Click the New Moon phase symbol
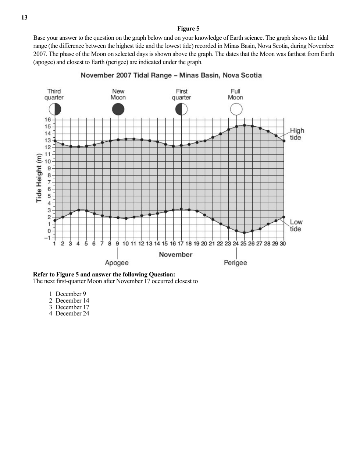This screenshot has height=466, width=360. (x=118, y=109)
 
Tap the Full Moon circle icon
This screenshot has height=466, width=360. (x=236, y=109)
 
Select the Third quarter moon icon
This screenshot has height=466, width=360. (x=55, y=109)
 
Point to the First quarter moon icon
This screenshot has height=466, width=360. (x=181, y=109)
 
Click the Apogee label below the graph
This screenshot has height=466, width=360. (x=117, y=263)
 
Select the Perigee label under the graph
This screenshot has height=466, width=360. (x=235, y=263)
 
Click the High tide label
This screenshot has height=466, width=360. (x=297, y=134)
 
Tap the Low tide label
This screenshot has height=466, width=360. (x=296, y=225)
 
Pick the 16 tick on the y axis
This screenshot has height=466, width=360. (x=47, y=120)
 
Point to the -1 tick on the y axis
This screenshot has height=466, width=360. (x=47, y=238)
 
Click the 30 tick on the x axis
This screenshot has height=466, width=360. (x=283, y=244)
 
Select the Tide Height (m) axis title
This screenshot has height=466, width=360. (x=39, y=178)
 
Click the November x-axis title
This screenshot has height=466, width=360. (x=175, y=255)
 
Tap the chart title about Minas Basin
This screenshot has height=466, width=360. (x=171, y=75)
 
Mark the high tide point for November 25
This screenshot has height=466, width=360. (x=244, y=125)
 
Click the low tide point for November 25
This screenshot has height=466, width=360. (x=244, y=233)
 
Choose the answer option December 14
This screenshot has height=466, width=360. (x=72, y=300)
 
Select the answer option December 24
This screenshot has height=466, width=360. (x=72, y=314)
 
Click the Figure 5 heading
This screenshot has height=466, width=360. (x=188, y=29)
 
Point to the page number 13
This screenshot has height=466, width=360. (x=24, y=18)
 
